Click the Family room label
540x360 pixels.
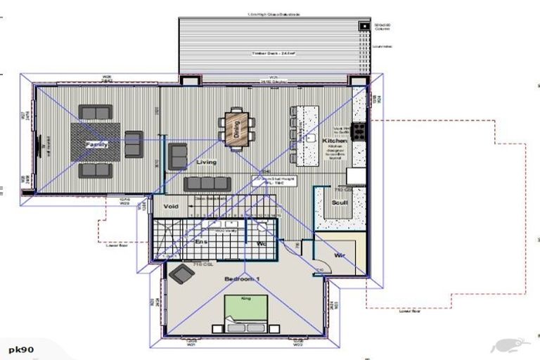(x=97, y=143)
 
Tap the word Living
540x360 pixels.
(x=207, y=162)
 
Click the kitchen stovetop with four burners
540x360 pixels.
(x=358, y=130)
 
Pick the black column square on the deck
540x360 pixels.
(x=364, y=27)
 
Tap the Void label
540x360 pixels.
(x=172, y=206)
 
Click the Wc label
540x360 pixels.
(x=261, y=243)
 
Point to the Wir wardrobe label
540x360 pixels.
(x=339, y=255)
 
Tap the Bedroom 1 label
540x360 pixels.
(x=243, y=279)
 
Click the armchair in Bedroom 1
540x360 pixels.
(x=182, y=274)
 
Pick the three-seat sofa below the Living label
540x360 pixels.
(x=207, y=184)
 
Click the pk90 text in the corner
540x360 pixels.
(x=21, y=349)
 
